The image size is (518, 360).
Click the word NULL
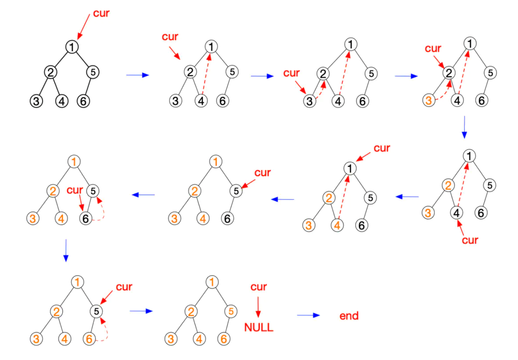click(x=259, y=328)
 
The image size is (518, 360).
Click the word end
click(x=349, y=316)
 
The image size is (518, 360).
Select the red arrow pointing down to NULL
click(x=259, y=307)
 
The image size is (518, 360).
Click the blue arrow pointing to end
click(x=308, y=315)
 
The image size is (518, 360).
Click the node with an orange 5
click(x=232, y=311)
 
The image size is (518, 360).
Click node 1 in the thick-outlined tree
click(x=72, y=47)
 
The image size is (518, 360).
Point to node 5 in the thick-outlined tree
click(x=93, y=72)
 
